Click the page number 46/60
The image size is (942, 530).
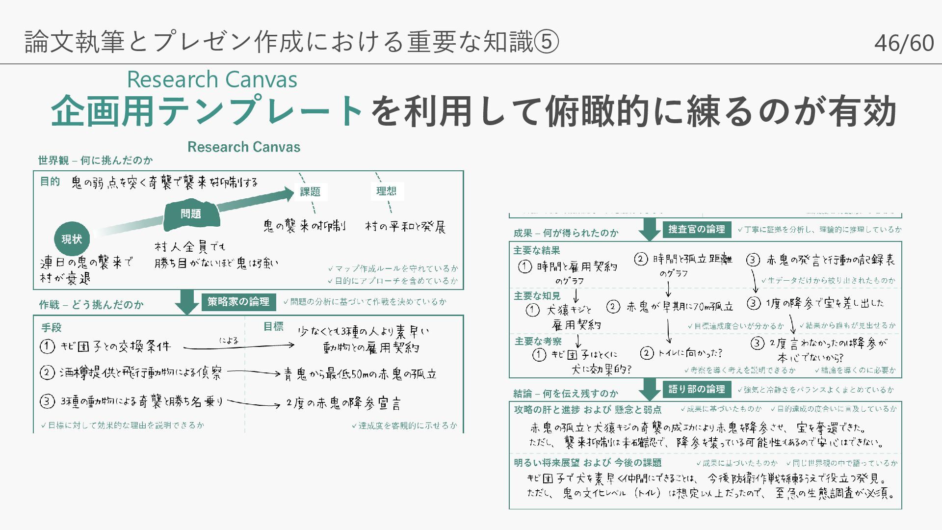(904, 43)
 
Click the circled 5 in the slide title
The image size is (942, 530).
(546, 42)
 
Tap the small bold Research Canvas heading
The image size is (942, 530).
(244, 147)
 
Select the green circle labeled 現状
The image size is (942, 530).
(72, 239)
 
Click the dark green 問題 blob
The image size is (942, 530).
(191, 214)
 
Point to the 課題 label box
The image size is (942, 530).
(310, 192)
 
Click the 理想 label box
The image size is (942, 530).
(386, 191)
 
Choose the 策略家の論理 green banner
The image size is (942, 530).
(238, 302)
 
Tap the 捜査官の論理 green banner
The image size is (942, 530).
(697, 229)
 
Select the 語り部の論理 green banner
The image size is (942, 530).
(697, 389)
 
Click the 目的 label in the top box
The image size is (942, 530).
(50, 182)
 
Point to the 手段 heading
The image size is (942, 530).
(52, 327)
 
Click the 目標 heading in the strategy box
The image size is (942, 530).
(273, 326)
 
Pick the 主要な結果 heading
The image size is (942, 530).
(536, 251)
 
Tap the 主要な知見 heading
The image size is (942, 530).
(537, 296)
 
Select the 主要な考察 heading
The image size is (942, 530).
(538, 341)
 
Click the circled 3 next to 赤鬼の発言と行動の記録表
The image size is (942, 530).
(753, 260)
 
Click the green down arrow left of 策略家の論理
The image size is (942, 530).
(186, 301)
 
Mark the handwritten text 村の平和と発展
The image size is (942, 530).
(405, 227)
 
